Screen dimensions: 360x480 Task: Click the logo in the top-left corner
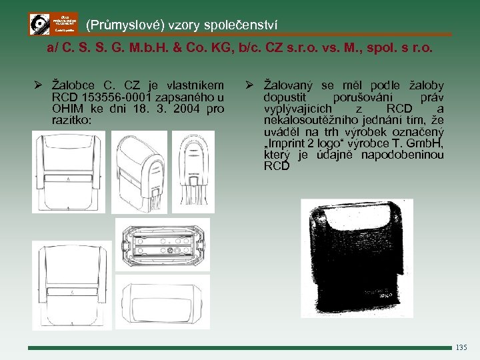point(53,24)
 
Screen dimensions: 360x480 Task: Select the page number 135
point(462,347)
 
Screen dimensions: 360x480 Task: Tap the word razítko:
point(73,120)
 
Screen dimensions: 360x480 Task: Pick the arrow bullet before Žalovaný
point(247,85)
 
